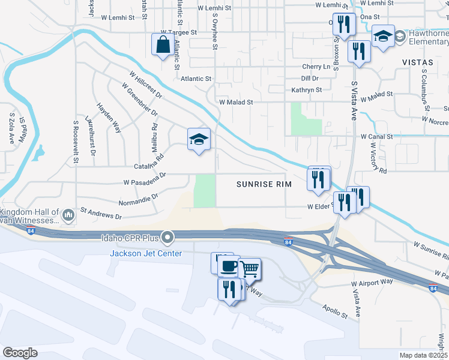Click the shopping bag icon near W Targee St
(163, 44)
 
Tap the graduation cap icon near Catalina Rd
(199, 140)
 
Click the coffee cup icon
(228, 266)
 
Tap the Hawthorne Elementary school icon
(382, 36)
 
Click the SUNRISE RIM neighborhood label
(264, 184)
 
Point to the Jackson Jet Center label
(145, 253)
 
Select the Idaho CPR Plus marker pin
(169, 239)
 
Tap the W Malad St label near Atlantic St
(236, 102)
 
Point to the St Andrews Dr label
(101, 213)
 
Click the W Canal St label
(377, 137)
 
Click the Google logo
(20, 352)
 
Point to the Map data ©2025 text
(423, 355)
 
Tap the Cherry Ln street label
(316, 67)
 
